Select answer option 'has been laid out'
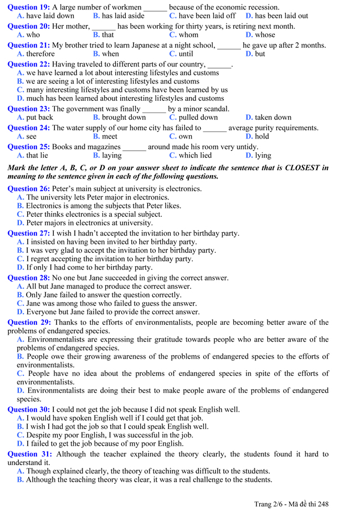(281, 16)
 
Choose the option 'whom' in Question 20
(188, 35)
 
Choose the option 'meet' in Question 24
(109, 136)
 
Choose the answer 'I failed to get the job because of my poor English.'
(105, 443)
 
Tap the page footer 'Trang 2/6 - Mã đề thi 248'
(291, 504)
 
